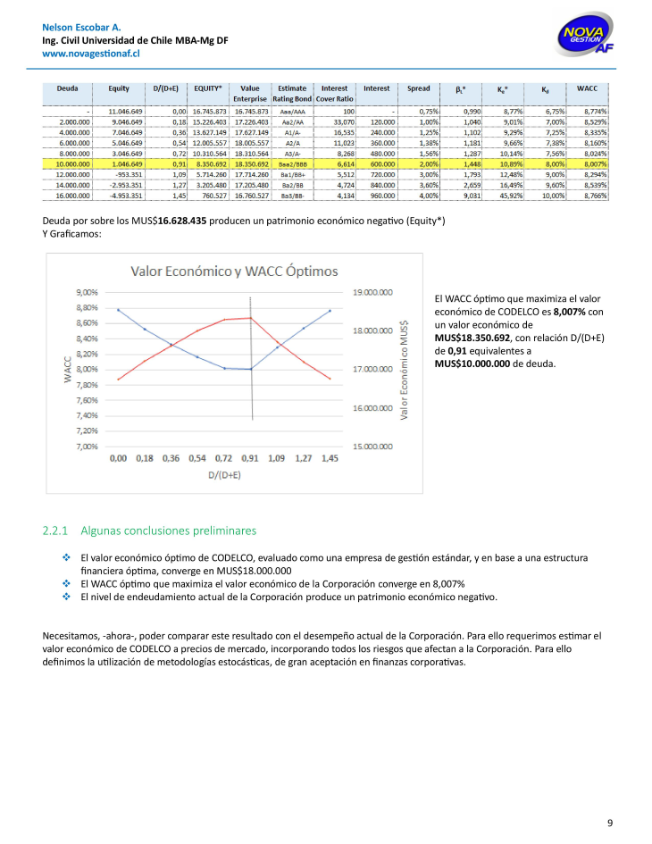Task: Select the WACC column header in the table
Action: tap(587, 88)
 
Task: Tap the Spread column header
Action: tap(418, 88)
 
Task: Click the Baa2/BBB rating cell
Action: tap(292, 164)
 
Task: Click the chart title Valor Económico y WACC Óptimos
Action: tap(235, 271)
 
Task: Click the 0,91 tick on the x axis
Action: tap(251, 458)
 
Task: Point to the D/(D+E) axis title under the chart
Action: tap(224, 476)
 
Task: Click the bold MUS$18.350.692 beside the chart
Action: tap(472, 338)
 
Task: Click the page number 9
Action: tap(609, 823)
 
